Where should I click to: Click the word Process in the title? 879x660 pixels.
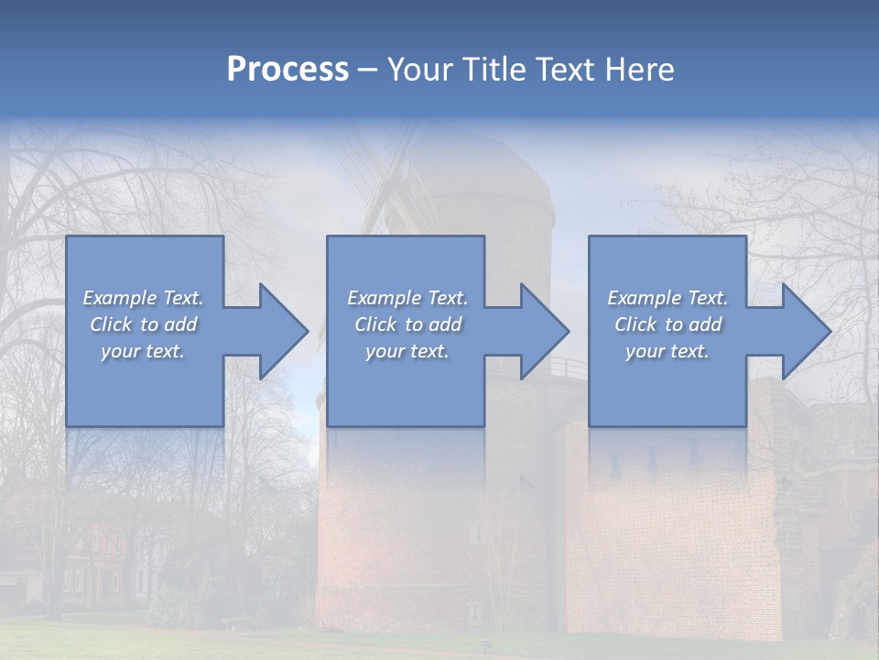tap(288, 70)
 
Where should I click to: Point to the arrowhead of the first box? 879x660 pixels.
tap(282, 331)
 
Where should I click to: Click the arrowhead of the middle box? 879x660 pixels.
tap(543, 331)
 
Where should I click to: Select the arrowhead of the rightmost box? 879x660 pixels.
tap(805, 331)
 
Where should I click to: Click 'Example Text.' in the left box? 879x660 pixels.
tap(143, 298)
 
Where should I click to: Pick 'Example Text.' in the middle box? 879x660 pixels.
tap(407, 298)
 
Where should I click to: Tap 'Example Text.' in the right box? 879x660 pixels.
tap(667, 298)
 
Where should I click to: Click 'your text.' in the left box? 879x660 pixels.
tap(143, 351)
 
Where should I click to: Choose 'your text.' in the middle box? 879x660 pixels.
tap(407, 351)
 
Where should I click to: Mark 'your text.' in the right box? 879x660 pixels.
tap(667, 351)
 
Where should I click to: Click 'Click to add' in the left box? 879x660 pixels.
tap(143, 324)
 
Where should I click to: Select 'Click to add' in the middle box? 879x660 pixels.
tap(407, 324)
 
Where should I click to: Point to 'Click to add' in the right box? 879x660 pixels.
tap(667, 324)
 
